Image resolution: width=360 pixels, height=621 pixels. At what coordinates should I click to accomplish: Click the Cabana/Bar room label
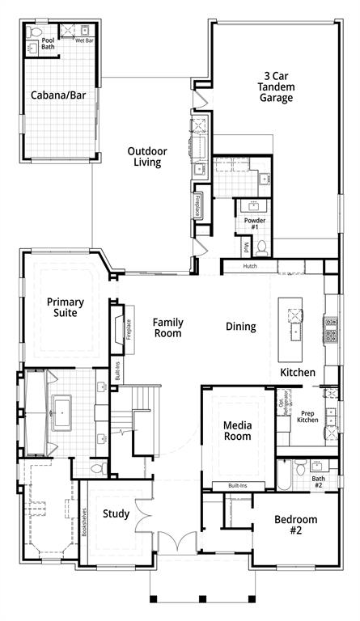(58, 95)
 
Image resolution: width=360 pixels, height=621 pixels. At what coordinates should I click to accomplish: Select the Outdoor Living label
(146, 156)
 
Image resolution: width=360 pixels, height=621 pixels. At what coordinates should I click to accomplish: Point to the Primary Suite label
(65, 306)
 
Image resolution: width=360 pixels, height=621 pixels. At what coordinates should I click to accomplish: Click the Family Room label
(167, 327)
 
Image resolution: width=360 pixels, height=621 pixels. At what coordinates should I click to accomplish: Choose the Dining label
(240, 327)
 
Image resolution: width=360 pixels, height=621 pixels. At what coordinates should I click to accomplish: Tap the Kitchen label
(298, 373)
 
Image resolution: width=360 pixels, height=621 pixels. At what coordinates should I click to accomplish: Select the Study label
(116, 514)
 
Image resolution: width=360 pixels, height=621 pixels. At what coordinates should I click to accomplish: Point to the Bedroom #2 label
(295, 525)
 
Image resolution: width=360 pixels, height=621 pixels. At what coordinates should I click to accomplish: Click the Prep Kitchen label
(307, 416)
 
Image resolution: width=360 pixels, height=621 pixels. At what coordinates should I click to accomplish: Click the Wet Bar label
(84, 40)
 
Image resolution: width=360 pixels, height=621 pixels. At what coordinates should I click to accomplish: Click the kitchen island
(292, 329)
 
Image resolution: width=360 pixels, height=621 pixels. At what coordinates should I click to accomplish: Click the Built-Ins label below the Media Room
(239, 486)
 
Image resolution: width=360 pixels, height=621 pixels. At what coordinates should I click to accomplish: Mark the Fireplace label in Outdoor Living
(198, 205)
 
